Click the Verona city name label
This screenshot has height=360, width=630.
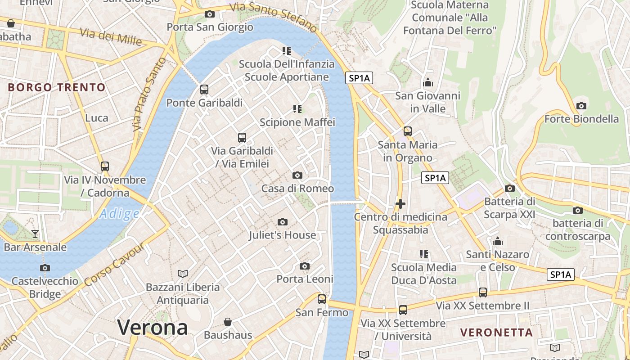tap(153, 327)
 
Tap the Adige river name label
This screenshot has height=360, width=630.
tap(119, 214)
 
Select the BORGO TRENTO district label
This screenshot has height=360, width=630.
tap(57, 87)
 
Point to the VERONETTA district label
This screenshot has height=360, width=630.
tap(496, 333)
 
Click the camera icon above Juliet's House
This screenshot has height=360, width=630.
tap(283, 222)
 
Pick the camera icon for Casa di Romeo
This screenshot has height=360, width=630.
tap(297, 175)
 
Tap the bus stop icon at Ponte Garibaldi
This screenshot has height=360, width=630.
tap(204, 89)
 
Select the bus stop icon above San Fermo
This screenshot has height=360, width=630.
tap(322, 299)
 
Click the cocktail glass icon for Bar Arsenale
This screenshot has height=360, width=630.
tap(35, 234)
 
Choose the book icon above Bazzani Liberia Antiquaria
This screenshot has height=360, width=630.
tap(183, 274)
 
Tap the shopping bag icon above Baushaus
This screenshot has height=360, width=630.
tap(228, 322)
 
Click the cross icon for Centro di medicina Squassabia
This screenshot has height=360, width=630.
tap(400, 204)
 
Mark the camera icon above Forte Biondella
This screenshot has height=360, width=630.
tap(581, 106)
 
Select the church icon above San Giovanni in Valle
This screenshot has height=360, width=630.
tap(428, 82)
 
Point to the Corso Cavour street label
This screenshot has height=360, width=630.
tap(114, 264)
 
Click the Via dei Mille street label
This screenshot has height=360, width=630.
tap(111, 36)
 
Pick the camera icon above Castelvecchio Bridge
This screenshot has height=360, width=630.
tap(45, 268)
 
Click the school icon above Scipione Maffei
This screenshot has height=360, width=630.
tap(297, 108)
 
